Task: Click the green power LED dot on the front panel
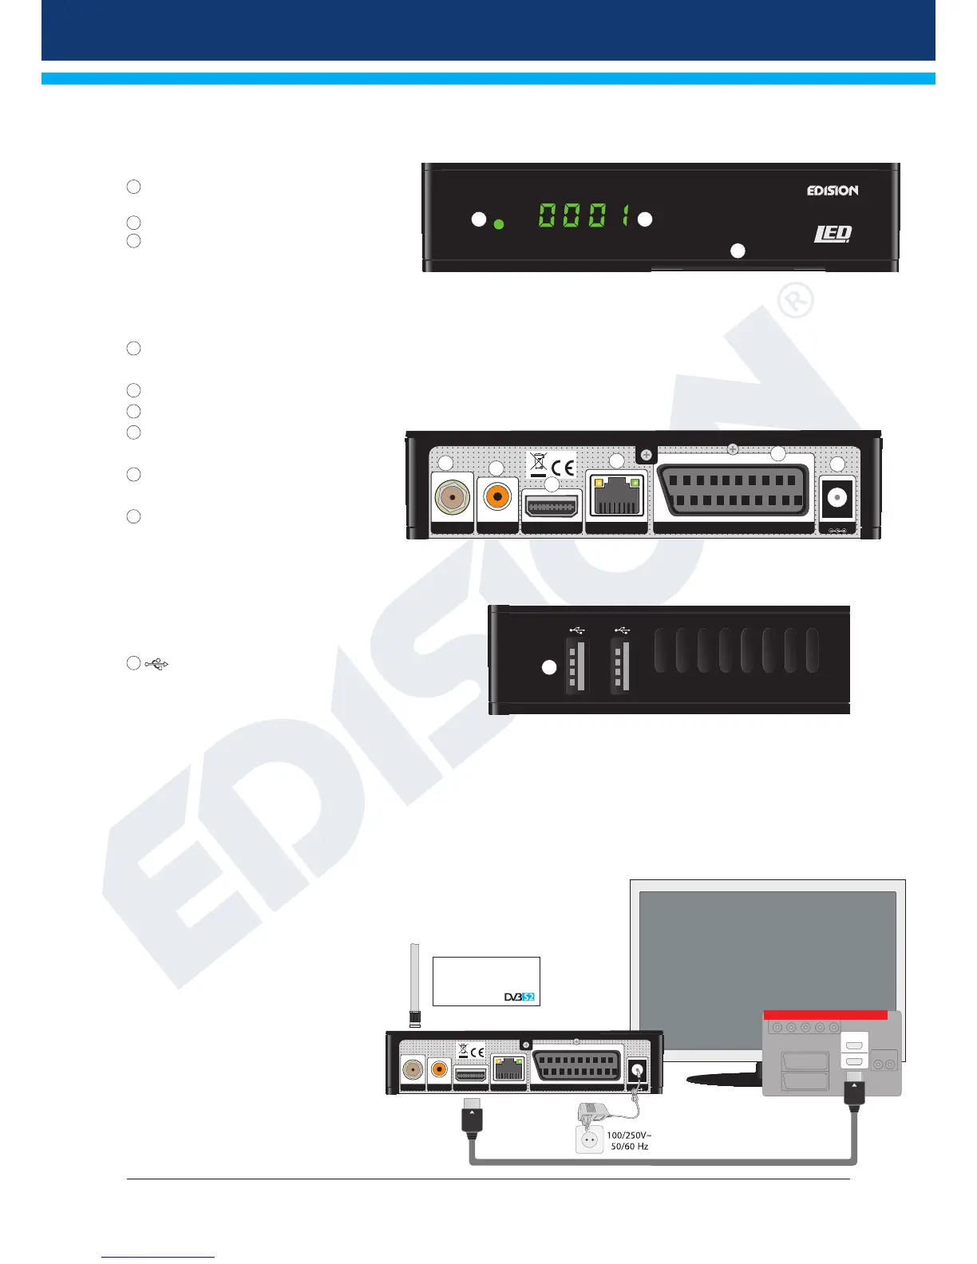coord(500,224)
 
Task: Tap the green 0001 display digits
coord(583,215)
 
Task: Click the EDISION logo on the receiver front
coord(832,191)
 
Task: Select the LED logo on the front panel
coord(833,234)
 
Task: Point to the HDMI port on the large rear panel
coord(551,507)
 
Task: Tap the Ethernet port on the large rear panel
coord(615,497)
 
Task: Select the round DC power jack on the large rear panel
coord(837,498)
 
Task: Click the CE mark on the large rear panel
coord(564,465)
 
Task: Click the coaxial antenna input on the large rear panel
coord(452,498)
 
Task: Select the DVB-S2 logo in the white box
coord(519,997)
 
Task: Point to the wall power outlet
coord(590,1139)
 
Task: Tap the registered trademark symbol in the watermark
coord(794,302)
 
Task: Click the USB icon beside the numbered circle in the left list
coord(157,664)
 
